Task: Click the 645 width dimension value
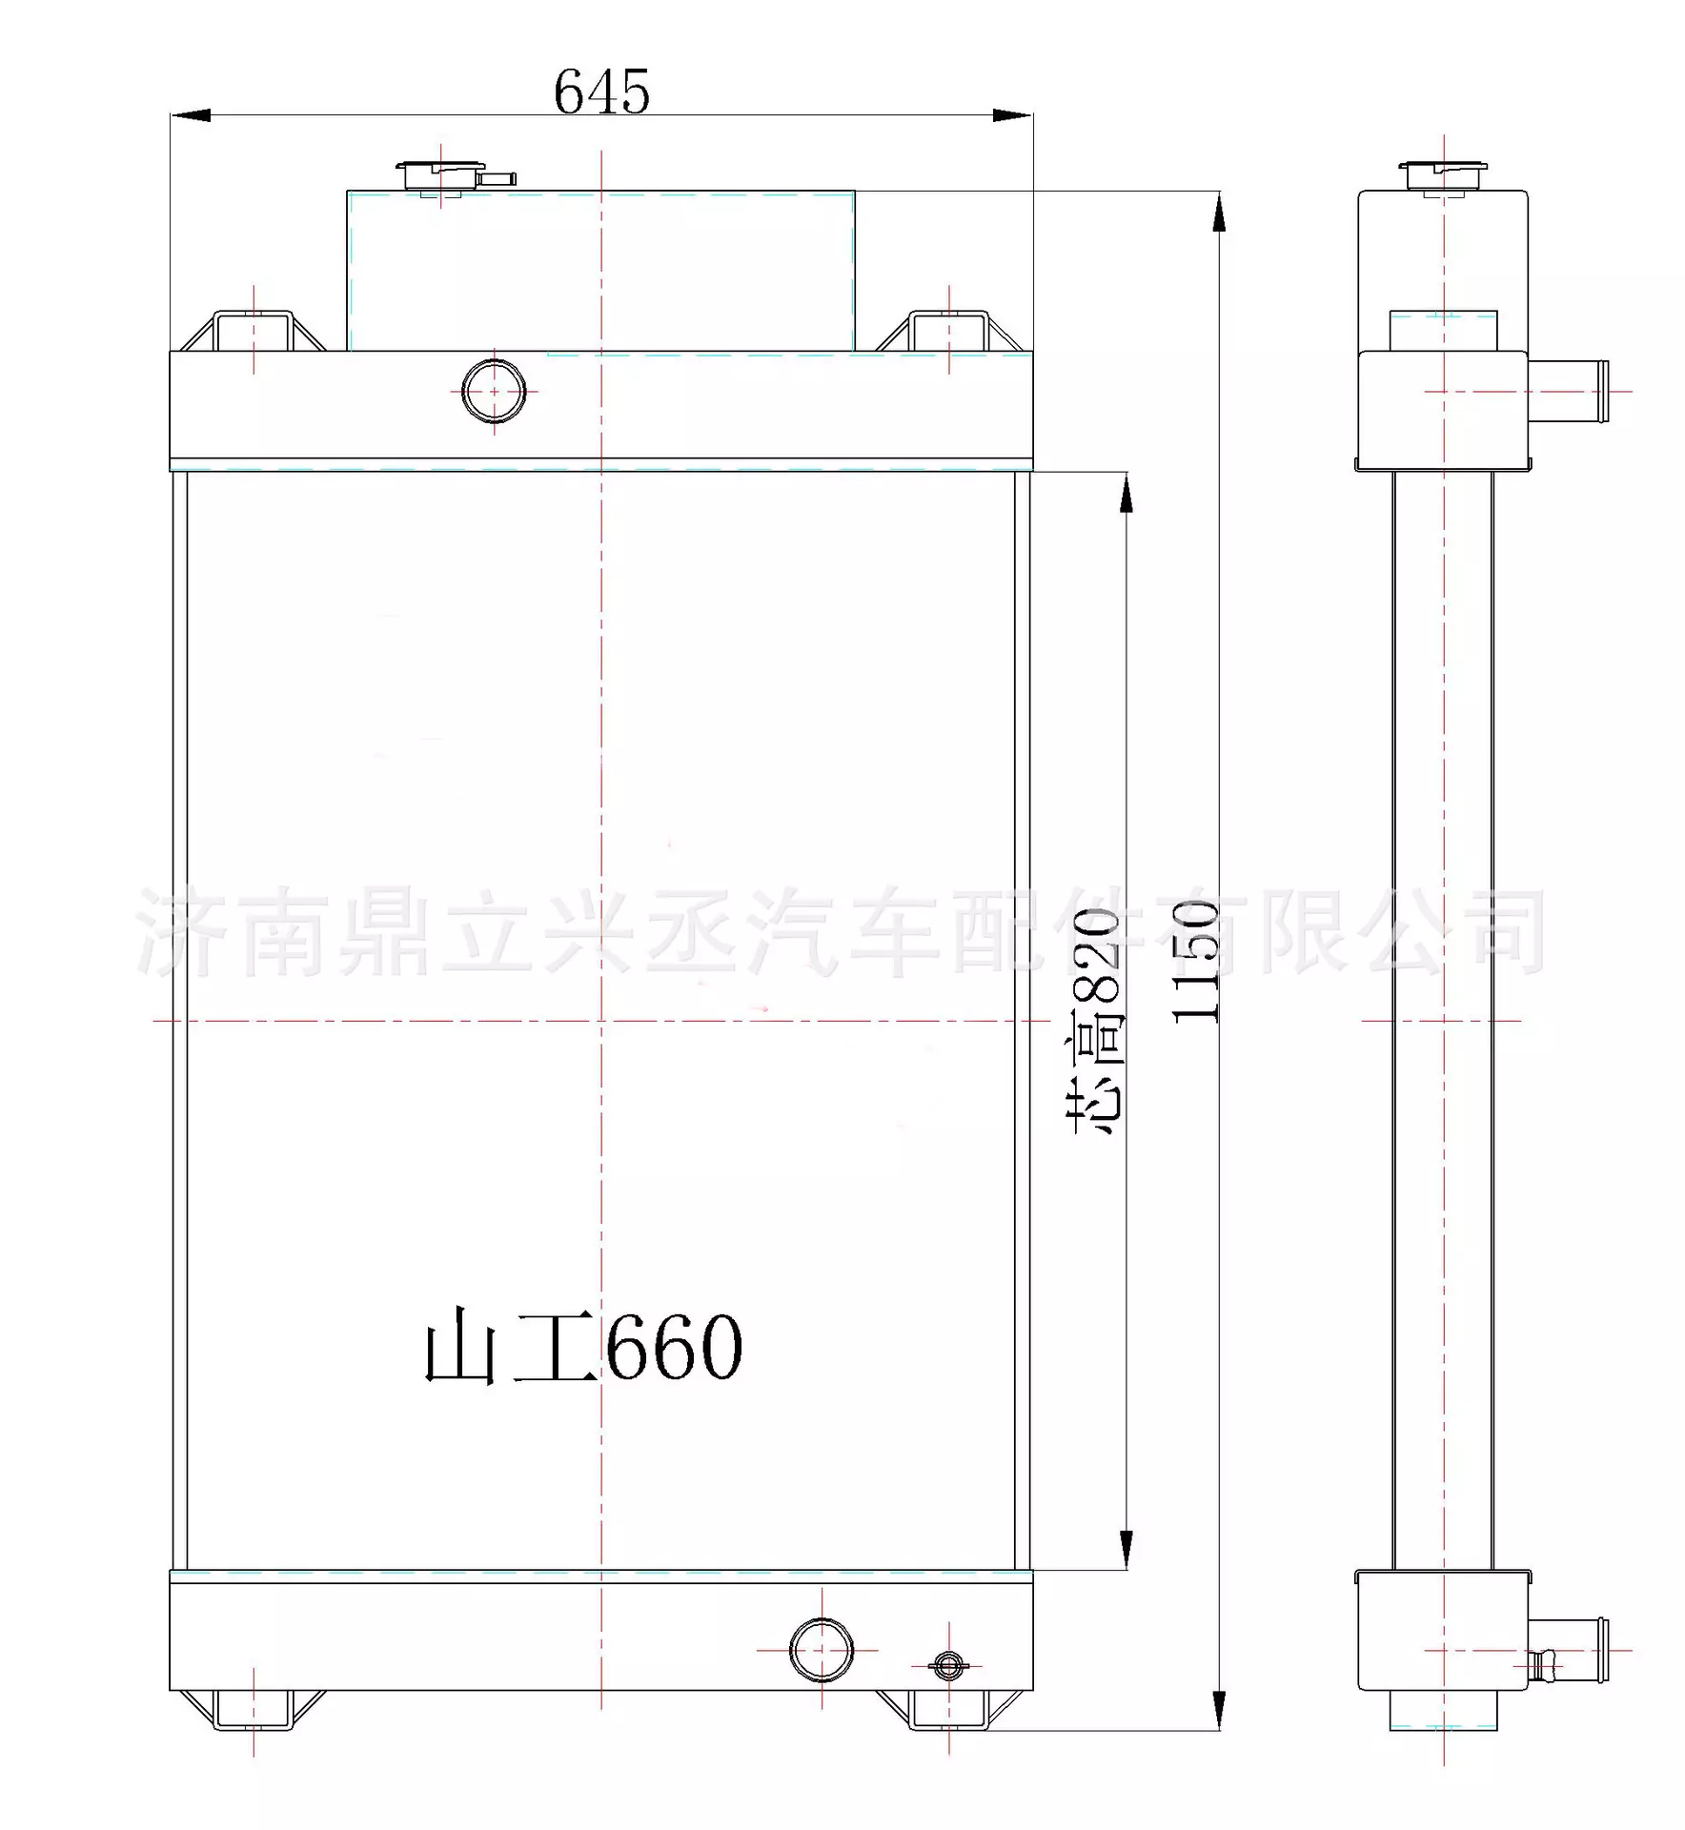tap(601, 92)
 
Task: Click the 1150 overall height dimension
tap(1195, 962)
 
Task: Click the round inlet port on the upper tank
tap(494, 391)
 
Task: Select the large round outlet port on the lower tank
tap(822, 1650)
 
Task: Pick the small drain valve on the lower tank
tap(947, 1665)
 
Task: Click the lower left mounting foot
tap(254, 1710)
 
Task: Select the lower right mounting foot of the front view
tap(949, 1710)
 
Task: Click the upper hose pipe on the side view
tap(1569, 391)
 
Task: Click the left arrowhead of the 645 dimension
tap(191, 115)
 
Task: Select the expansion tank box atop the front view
tap(600, 272)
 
